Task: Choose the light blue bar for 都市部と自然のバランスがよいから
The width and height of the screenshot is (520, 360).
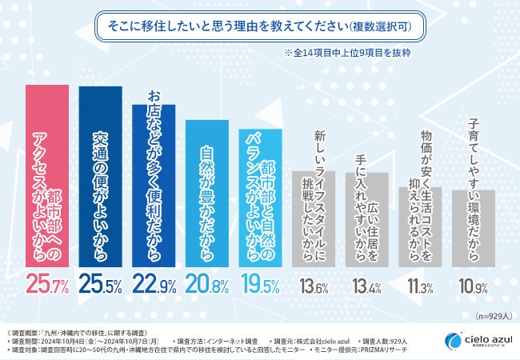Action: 258,200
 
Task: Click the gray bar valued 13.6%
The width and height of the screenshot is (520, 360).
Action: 311,220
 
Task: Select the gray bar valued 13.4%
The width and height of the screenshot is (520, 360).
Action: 364,220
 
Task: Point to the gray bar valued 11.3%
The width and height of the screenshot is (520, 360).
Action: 417,228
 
